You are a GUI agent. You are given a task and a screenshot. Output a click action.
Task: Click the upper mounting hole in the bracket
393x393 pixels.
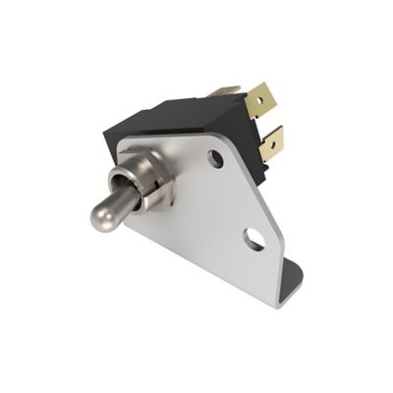point(215,157)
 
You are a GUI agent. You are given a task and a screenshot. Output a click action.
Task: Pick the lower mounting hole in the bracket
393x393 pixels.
point(254,237)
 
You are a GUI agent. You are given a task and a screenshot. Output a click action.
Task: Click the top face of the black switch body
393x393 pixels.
point(177,111)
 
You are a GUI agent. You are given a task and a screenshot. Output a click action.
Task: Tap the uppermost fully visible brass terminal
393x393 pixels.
point(260,98)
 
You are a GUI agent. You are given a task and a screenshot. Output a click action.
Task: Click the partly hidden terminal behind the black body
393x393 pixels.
point(226,89)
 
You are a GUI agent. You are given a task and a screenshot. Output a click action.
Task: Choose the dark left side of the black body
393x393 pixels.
point(112,147)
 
